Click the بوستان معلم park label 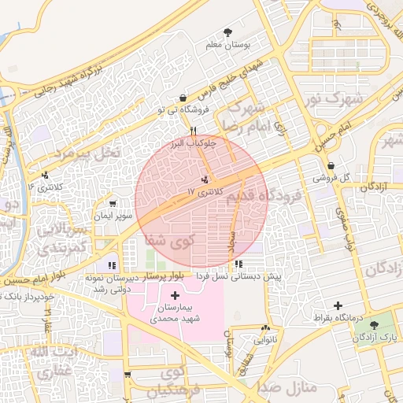coord(227,46)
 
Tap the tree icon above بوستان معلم coord(227,33)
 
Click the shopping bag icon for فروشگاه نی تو coord(183,98)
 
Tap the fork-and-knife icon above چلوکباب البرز coord(193,131)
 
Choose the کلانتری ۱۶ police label coord(43,187)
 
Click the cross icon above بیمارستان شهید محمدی coord(174,294)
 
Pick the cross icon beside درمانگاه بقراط coord(338,305)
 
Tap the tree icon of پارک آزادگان coord(384,325)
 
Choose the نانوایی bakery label coord(264,340)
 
